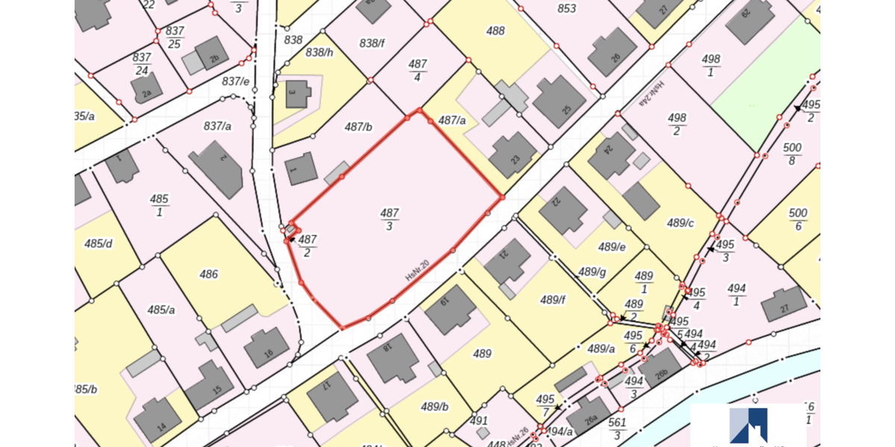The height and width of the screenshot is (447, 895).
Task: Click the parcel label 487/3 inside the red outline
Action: click(389, 220)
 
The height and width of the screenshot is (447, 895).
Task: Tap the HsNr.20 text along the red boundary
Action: click(417, 269)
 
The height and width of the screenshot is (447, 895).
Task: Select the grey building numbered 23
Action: click(513, 155)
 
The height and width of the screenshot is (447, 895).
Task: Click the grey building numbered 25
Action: click(559, 101)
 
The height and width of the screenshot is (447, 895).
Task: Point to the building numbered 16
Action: click(266, 347)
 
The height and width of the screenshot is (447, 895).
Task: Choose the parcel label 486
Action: click(209, 274)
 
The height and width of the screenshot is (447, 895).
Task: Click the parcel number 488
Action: click(495, 31)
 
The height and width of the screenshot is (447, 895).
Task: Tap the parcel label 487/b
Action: click(358, 127)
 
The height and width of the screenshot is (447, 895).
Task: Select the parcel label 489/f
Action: click(553, 300)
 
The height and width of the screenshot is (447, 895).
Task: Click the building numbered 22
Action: click(564, 209)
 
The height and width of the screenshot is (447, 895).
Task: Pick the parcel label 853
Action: click(567, 9)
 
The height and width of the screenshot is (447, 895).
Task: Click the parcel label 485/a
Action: click(161, 310)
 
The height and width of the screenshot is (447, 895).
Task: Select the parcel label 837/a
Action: click(217, 127)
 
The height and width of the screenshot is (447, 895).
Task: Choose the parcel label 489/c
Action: click(680, 223)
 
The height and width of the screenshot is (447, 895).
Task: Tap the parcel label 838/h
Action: click(319, 52)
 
